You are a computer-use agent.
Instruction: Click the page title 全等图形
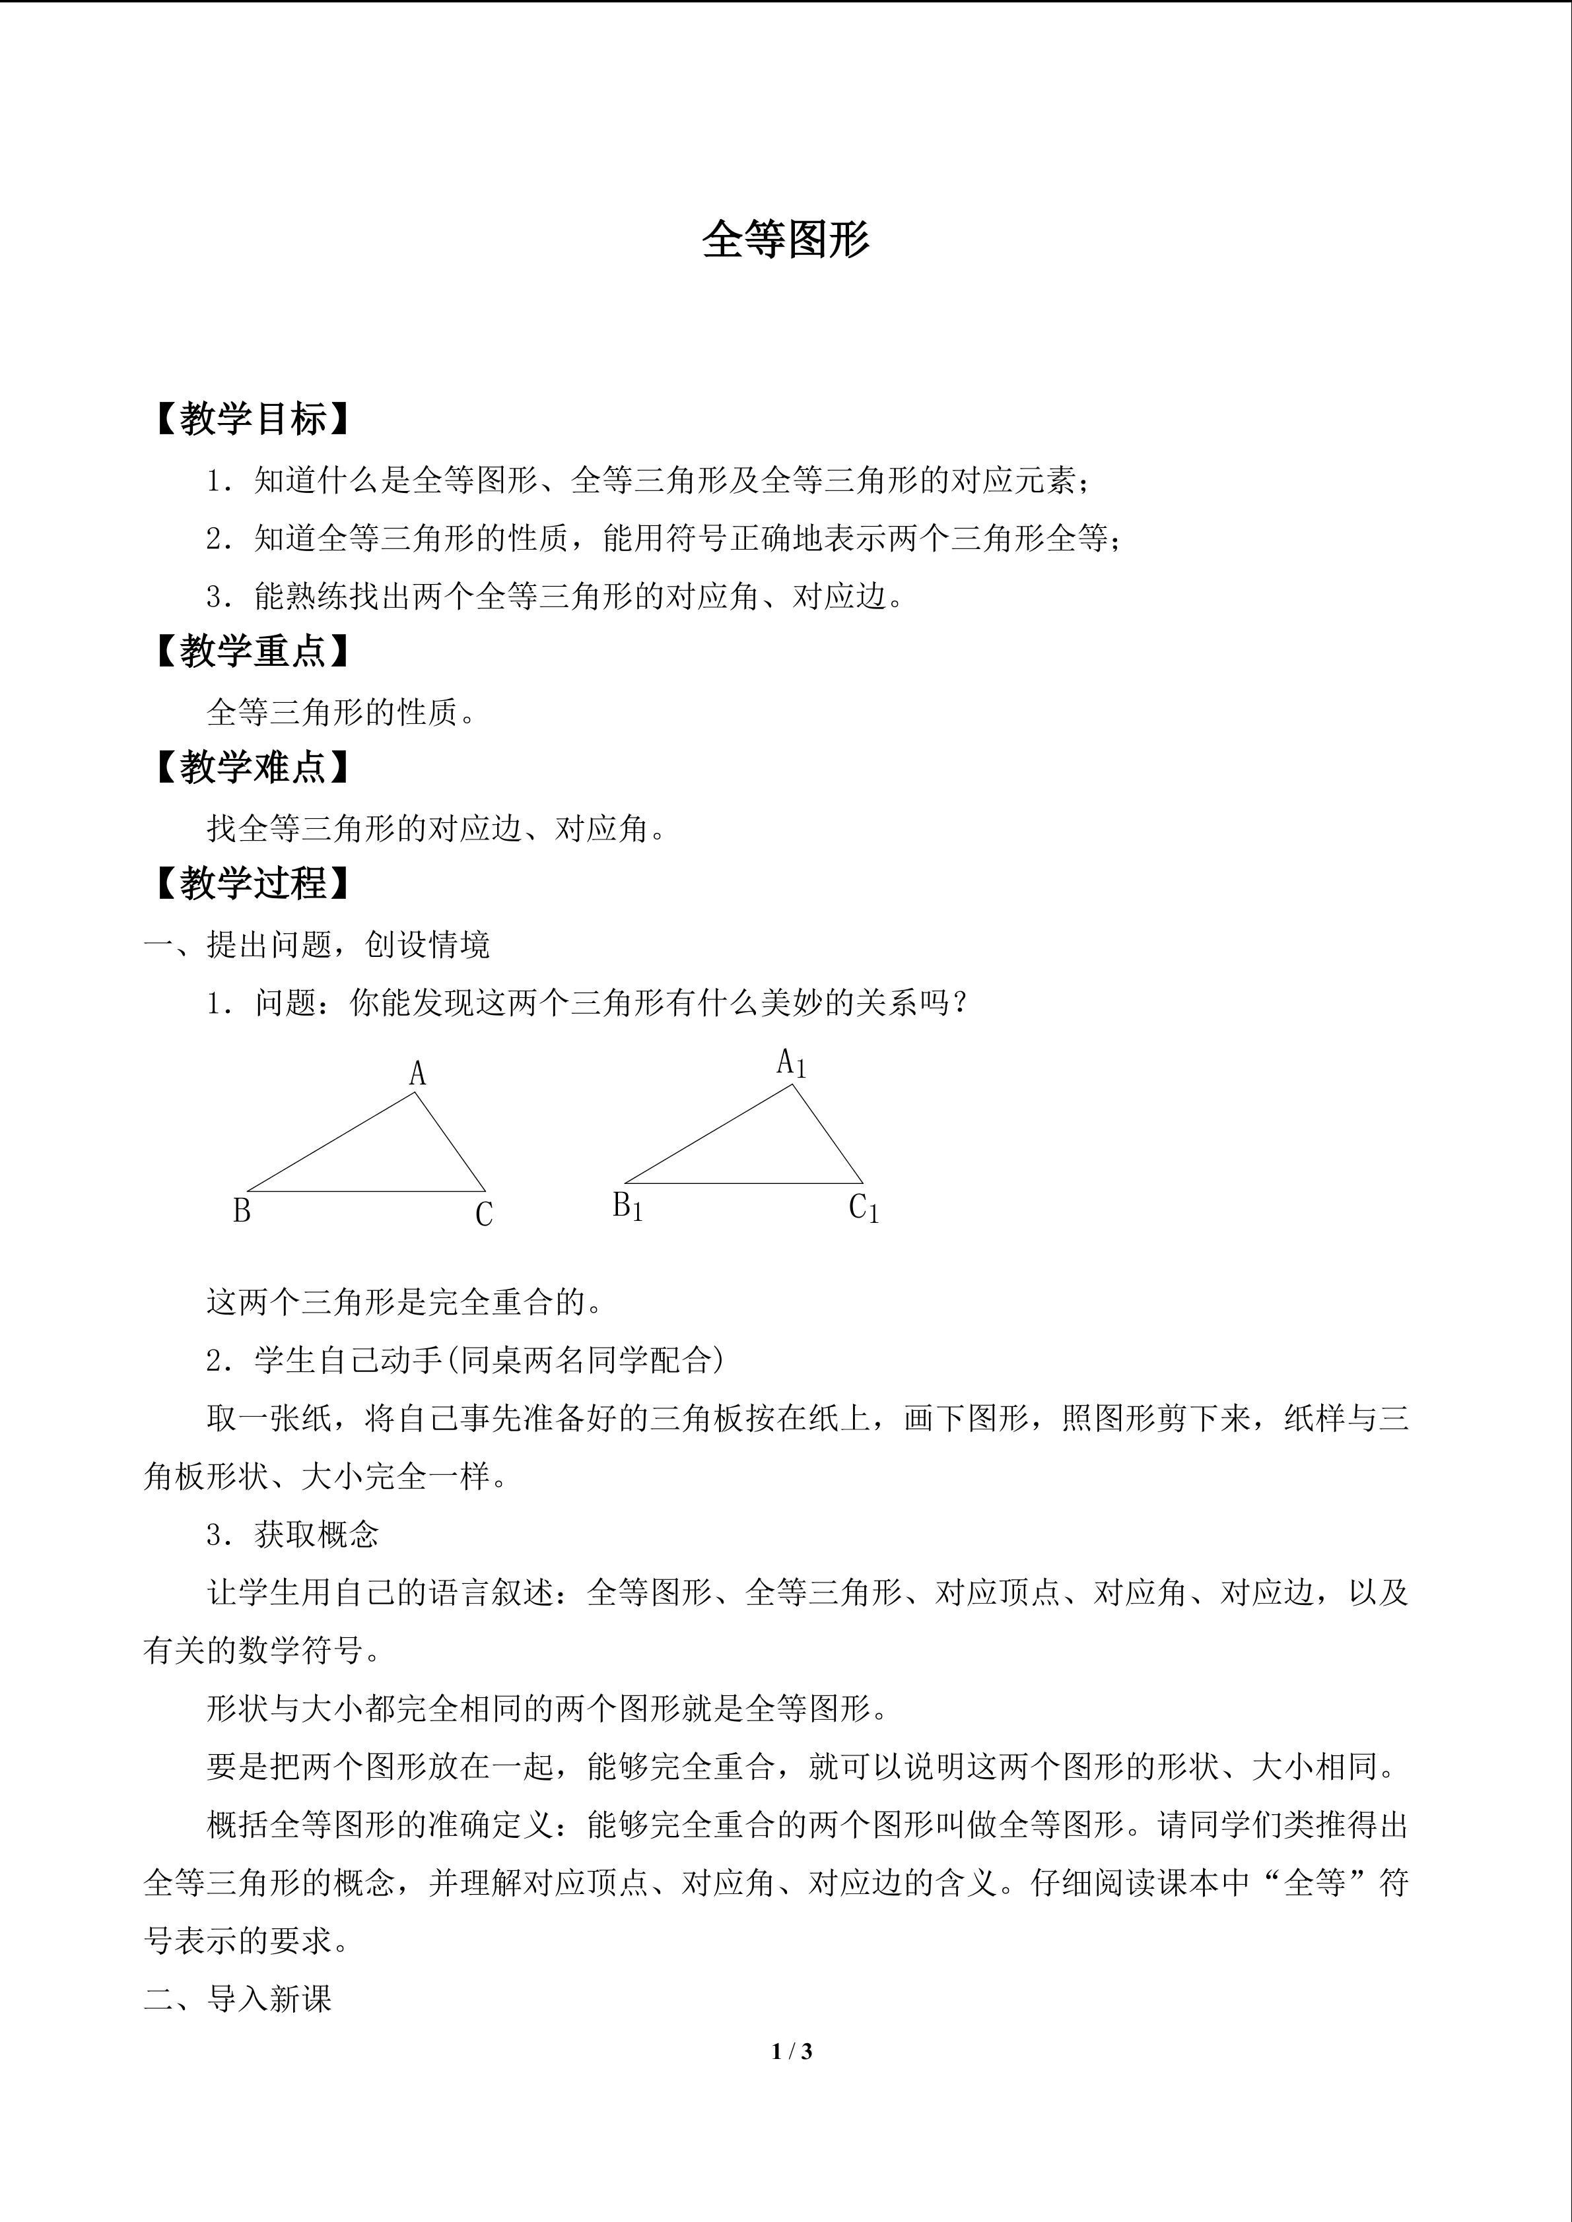point(785,239)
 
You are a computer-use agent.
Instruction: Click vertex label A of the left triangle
point(417,1073)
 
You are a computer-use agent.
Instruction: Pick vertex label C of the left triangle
point(484,1214)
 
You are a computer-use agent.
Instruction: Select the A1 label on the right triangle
point(791,1064)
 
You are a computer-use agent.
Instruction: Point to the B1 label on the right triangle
point(627,1207)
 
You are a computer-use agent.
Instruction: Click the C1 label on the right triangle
point(864,1209)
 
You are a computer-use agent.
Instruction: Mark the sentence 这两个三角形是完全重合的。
point(405,1301)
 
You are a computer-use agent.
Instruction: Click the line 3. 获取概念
point(292,1534)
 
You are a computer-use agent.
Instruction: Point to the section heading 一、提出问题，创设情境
point(318,944)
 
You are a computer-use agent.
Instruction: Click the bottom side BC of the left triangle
point(366,1191)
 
